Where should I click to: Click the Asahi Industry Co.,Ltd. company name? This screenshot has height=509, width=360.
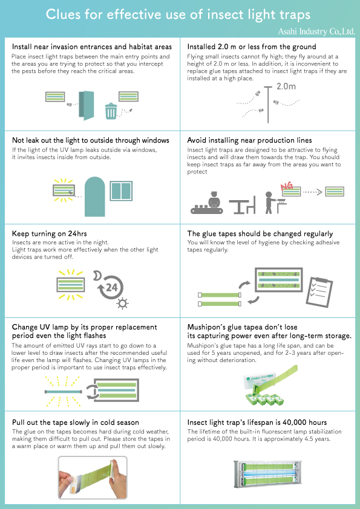(316, 29)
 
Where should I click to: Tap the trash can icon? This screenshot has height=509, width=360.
(111, 111)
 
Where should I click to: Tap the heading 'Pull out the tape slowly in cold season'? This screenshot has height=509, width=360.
(76, 422)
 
